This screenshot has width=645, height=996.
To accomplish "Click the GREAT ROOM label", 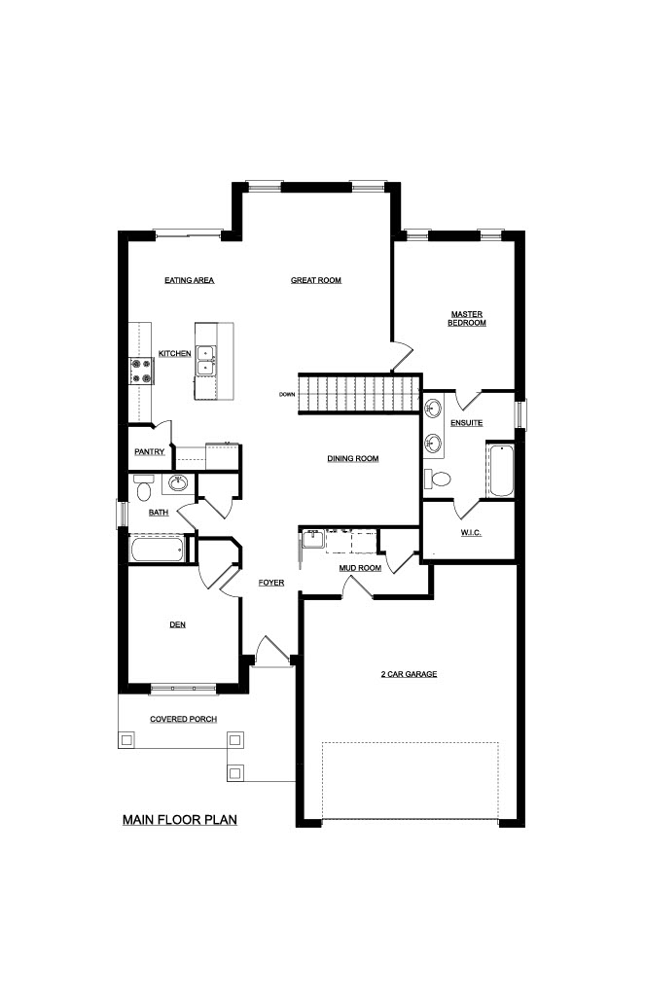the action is click(x=316, y=280).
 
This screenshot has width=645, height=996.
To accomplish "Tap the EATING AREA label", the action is click(x=190, y=280).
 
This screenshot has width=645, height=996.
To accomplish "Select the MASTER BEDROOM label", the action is click(x=467, y=318).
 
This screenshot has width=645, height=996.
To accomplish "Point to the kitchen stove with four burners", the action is click(x=141, y=372).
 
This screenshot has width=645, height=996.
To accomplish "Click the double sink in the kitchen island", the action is click(x=205, y=360).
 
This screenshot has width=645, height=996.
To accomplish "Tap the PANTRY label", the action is click(x=150, y=451).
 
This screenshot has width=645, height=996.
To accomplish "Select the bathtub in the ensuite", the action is click(x=501, y=471).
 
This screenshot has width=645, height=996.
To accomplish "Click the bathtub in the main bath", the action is click(x=159, y=549).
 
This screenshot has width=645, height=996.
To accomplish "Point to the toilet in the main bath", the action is click(x=143, y=487).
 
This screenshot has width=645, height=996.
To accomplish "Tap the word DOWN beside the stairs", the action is click(x=287, y=395).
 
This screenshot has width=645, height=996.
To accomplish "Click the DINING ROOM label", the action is click(x=353, y=459).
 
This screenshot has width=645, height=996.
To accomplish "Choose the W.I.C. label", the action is click(x=471, y=532).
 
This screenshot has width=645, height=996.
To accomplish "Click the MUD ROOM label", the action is click(x=360, y=568).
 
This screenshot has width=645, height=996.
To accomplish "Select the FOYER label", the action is click(x=271, y=583).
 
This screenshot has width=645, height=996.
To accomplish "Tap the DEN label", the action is click(x=178, y=625).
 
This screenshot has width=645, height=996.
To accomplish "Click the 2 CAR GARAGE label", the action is click(x=410, y=674).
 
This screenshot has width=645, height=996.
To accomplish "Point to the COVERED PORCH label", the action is click(x=184, y=719).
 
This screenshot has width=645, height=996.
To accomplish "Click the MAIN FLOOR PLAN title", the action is click(x=180, y=820).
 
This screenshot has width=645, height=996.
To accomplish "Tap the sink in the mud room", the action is click(x=312, y=540).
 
